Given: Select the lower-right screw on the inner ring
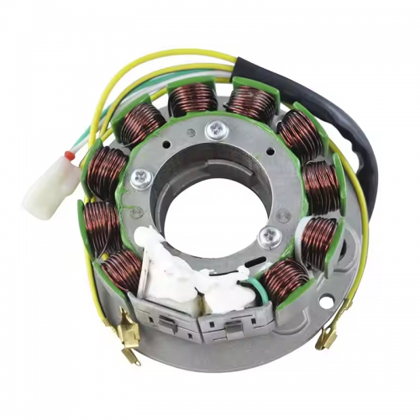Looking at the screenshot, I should (x=269, y=236).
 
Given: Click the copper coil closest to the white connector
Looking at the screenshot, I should (x=108, y=166).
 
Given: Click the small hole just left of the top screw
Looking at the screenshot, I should (x=200, y=132).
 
